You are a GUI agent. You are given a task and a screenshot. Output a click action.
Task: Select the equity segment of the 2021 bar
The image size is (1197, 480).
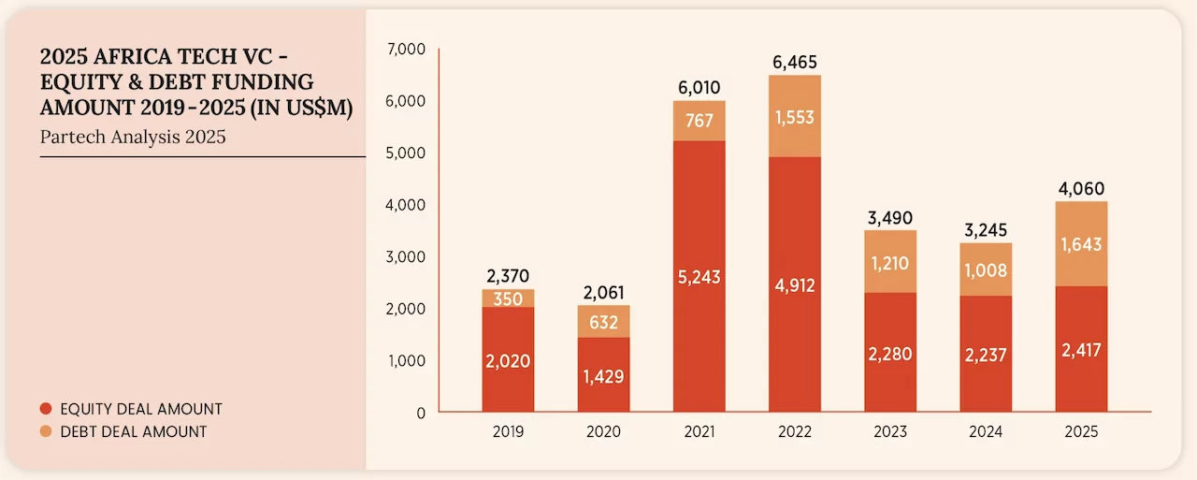tap(699, 309)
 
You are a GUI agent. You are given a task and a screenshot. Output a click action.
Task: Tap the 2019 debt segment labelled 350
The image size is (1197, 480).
tap(508, 298)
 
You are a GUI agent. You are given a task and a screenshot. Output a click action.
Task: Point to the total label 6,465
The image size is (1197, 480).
tap(794, 64)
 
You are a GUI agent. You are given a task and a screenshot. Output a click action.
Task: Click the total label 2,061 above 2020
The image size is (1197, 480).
tap(603, 293)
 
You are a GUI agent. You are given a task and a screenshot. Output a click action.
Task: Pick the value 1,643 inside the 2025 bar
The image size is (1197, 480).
tap(1081, 245)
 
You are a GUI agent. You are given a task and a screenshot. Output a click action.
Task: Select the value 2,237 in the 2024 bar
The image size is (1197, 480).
tap(986, 354)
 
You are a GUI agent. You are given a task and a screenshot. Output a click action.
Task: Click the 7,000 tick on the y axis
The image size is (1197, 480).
tap(405, 49)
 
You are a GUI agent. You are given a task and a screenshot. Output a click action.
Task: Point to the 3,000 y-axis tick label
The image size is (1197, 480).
tap(405, 256)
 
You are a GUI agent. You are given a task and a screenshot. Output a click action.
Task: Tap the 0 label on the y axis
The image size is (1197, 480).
tap(420, 413)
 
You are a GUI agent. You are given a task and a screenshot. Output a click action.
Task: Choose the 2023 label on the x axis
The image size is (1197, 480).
tap(889, 433)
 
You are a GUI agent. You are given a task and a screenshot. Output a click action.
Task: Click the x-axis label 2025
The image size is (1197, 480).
tap(1081, 433)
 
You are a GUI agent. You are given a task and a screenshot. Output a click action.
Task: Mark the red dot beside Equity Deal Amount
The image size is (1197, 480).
tap(45, 409)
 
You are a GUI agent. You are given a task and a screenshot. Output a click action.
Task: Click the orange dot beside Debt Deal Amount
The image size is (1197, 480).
tap(45, 431)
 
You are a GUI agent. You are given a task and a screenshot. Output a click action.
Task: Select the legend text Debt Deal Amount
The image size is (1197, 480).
tap(133, 431)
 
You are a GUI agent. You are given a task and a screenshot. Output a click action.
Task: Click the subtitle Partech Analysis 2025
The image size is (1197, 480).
tap(133, 137)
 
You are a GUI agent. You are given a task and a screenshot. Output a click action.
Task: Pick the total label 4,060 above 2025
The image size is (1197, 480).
tap(1081, 189)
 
